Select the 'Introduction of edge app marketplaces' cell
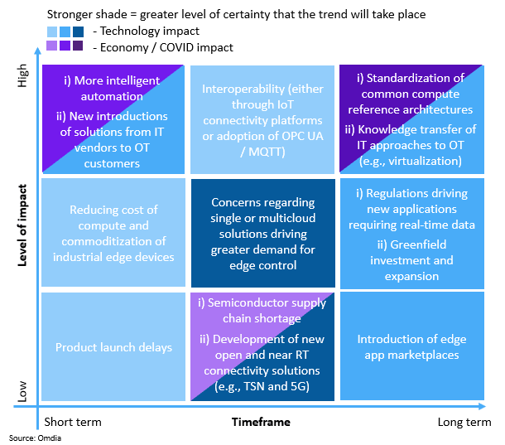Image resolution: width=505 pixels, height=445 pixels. [x=406, y=346]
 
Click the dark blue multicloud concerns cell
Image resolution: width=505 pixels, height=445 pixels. [x=263, y=233]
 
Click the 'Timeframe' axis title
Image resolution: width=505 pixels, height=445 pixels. [x=261, y=423]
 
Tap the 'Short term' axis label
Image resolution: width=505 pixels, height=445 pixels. [x=73, y=423]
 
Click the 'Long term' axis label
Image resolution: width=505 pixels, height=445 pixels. [x=463, y=423]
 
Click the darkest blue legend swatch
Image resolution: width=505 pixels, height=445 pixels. [x=79, y=31]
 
